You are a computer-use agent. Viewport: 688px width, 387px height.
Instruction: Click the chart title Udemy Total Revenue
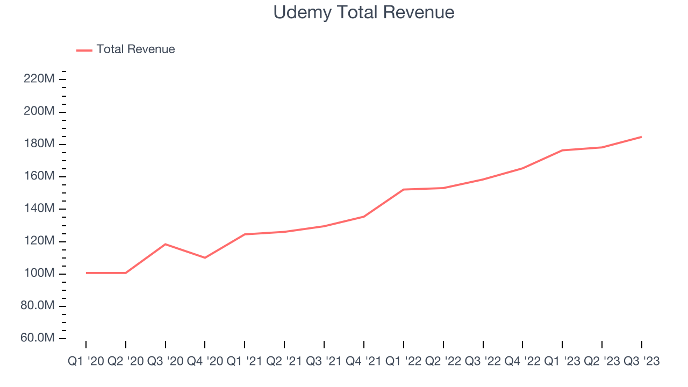(364, 12)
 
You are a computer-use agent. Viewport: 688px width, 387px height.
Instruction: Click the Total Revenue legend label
(135, 49)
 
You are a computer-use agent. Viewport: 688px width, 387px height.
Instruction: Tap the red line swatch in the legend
(84, 50)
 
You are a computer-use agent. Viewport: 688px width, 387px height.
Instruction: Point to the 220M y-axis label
(39, 79)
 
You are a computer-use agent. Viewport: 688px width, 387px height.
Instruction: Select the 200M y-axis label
(39, 111)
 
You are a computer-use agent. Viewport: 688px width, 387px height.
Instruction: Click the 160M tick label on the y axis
(39, 176)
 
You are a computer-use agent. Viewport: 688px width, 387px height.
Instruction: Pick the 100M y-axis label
(39, 274)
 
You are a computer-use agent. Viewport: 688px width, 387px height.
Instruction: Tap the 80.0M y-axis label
(37, 306)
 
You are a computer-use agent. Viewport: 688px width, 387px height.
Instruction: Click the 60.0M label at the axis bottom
(37, 338)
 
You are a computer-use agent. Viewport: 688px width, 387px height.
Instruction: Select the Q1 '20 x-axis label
(86, 362)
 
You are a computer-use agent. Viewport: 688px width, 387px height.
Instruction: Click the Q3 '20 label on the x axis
(166, 362)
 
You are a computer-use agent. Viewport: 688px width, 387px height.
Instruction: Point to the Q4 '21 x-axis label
(364, 362)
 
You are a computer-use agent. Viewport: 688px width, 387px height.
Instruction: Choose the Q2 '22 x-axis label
(443, 362)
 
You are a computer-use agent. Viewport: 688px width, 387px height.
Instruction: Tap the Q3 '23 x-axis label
(641, 362)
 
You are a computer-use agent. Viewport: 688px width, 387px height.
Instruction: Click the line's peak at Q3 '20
(166, 244)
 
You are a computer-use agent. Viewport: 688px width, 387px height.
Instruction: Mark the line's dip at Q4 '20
(205, 258)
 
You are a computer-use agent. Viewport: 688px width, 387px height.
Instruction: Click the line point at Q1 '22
(404, 189)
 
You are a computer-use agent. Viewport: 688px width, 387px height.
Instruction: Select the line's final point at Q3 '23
(641, 137)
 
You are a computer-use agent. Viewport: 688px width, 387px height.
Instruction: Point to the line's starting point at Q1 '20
(86, 273)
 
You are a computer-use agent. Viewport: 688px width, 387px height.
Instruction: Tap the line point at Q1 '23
(562, 150)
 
